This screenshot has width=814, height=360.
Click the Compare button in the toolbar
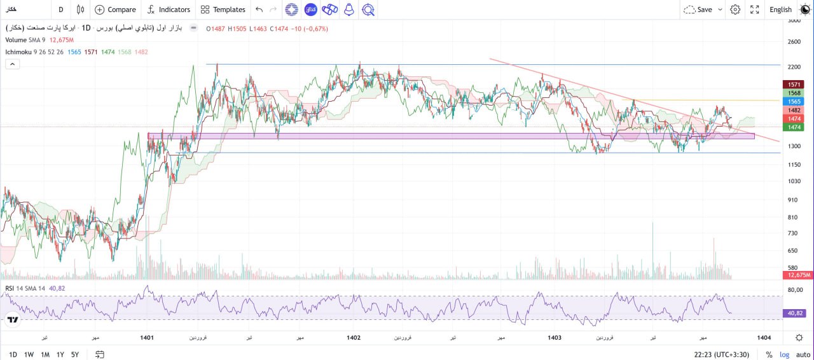click(x=115, y=10)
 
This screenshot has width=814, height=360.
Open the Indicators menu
click(x=169, y=10)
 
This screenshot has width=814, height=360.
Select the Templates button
click(x=222, y=10)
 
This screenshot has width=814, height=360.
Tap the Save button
click(x=703, y=10)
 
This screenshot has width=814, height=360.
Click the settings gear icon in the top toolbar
click(x=735, y=10)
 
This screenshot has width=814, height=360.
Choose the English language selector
click(x=780, y=10)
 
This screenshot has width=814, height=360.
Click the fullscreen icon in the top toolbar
click(x=755, y=10)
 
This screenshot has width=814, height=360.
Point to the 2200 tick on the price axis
click(x=794, y=67)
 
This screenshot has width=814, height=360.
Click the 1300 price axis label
click(x=794, y=146)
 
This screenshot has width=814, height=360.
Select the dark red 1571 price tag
click(x=794, y=84)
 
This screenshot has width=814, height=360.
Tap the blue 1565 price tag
click(x=794, y=101)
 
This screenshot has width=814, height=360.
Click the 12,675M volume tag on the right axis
click(x=798, y=275)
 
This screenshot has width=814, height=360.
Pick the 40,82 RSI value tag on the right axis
click(x=796, y=313)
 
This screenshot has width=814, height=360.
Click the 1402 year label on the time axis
click(x=354, y=338)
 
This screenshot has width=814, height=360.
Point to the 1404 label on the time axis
click(x=764, y=338)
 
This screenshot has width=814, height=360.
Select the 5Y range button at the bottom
click(x=75, y=354)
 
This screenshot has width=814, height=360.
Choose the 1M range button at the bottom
click(x=45, y=354)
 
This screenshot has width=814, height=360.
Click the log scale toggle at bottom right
click(x=785, y=354)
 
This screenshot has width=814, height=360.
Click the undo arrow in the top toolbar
click(x=259, y=10)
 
